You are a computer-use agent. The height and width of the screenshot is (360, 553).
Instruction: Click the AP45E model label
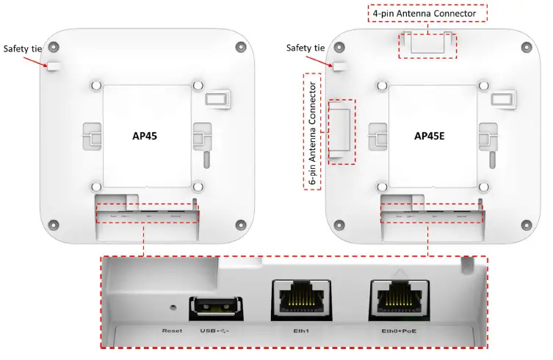[433, 136]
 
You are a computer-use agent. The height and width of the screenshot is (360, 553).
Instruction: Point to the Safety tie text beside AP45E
[306, 48]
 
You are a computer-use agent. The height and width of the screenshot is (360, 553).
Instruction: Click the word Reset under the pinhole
[173, 331]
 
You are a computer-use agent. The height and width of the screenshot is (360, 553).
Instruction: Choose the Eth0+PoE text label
[399, 331]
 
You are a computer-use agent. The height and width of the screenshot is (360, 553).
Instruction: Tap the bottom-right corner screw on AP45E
[525, 224]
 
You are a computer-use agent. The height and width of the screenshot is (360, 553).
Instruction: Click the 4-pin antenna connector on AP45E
[427, 44]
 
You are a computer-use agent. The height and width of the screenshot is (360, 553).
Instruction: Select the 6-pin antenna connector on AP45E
[339, 131]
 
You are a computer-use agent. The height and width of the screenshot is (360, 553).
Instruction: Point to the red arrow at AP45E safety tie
[328, 59]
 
